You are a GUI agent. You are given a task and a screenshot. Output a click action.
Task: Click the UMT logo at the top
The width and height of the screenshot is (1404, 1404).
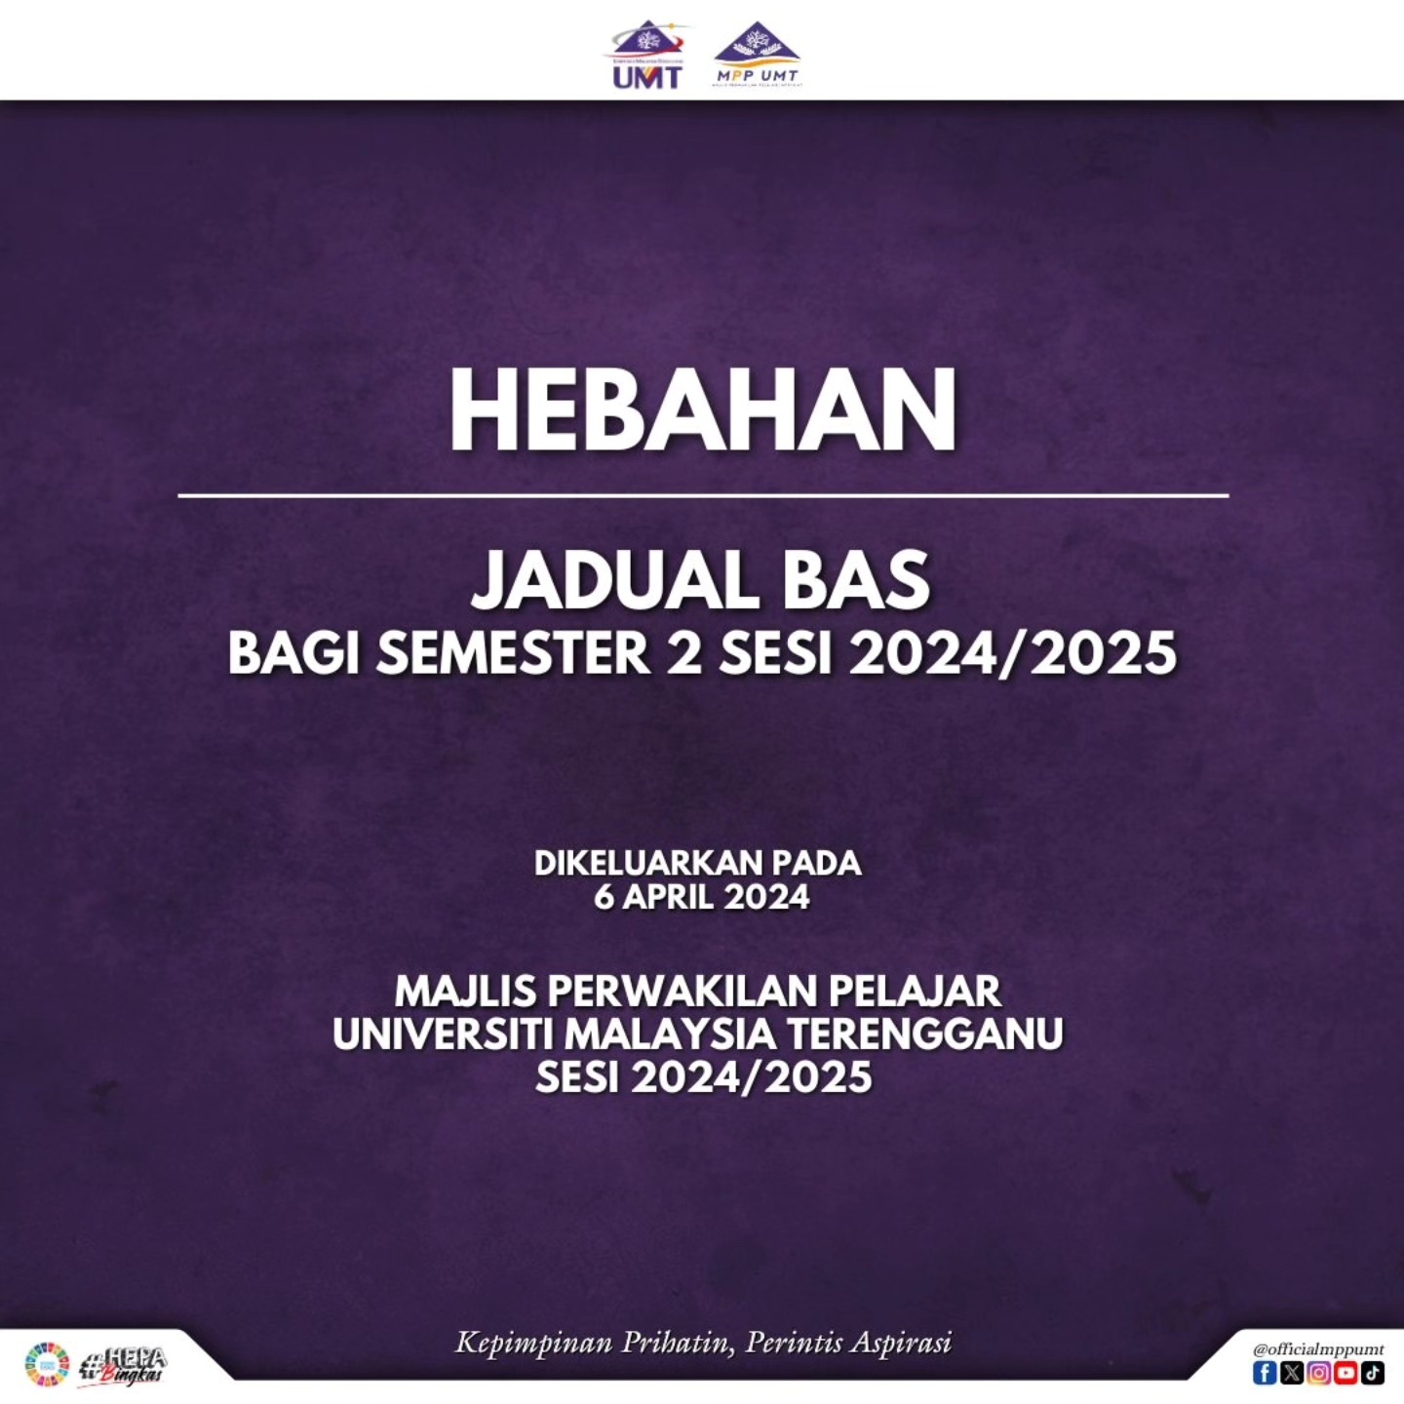646,57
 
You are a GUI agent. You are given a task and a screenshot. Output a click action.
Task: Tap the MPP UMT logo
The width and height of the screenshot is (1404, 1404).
757,57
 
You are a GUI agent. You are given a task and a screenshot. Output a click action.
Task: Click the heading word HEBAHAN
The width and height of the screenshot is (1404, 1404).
702,411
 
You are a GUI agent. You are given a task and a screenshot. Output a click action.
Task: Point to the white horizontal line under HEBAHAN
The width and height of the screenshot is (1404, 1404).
702,495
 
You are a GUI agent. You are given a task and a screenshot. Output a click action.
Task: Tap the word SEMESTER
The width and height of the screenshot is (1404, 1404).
513,652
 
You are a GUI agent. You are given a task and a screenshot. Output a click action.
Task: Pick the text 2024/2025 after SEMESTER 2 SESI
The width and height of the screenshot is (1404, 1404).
1013,652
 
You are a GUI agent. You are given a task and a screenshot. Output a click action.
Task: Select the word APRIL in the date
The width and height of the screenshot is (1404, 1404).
668,897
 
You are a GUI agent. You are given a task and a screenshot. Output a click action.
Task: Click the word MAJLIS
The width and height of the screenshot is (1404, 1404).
465,992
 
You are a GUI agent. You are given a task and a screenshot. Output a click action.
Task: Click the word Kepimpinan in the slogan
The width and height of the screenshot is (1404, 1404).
533,1344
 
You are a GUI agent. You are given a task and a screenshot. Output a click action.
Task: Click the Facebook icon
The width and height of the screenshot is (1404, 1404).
1265,1373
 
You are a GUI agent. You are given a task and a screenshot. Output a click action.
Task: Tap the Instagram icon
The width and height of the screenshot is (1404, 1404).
1319,1373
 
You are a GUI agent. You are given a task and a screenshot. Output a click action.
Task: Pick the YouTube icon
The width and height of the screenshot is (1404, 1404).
1346,1373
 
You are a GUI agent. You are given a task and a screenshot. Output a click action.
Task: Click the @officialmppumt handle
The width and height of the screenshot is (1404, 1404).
1318,1349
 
